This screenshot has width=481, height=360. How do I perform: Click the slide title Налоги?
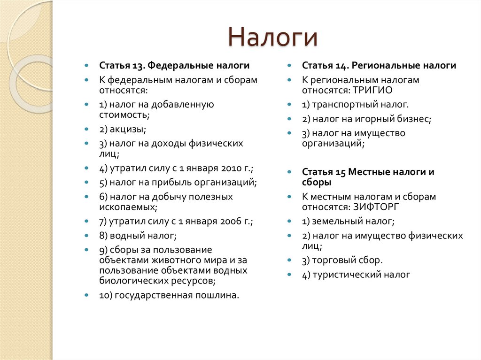click(273, 37)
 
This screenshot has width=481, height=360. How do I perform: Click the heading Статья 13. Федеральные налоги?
click(174, 66)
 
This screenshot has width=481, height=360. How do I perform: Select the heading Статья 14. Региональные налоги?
click(379, 66)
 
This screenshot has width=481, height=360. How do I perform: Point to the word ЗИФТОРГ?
click(375, 207)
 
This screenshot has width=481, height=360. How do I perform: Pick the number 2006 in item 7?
click(227, 221)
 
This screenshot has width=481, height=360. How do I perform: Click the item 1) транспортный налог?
click(355, 104)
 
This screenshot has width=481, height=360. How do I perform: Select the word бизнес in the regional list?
click(414, 119)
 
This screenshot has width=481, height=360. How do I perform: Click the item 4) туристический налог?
click(356, 275)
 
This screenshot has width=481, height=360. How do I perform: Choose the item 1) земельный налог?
click(348, 221)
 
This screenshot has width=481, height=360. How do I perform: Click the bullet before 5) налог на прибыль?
click(86, 182)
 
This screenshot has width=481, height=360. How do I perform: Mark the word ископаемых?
click(127, 207)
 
